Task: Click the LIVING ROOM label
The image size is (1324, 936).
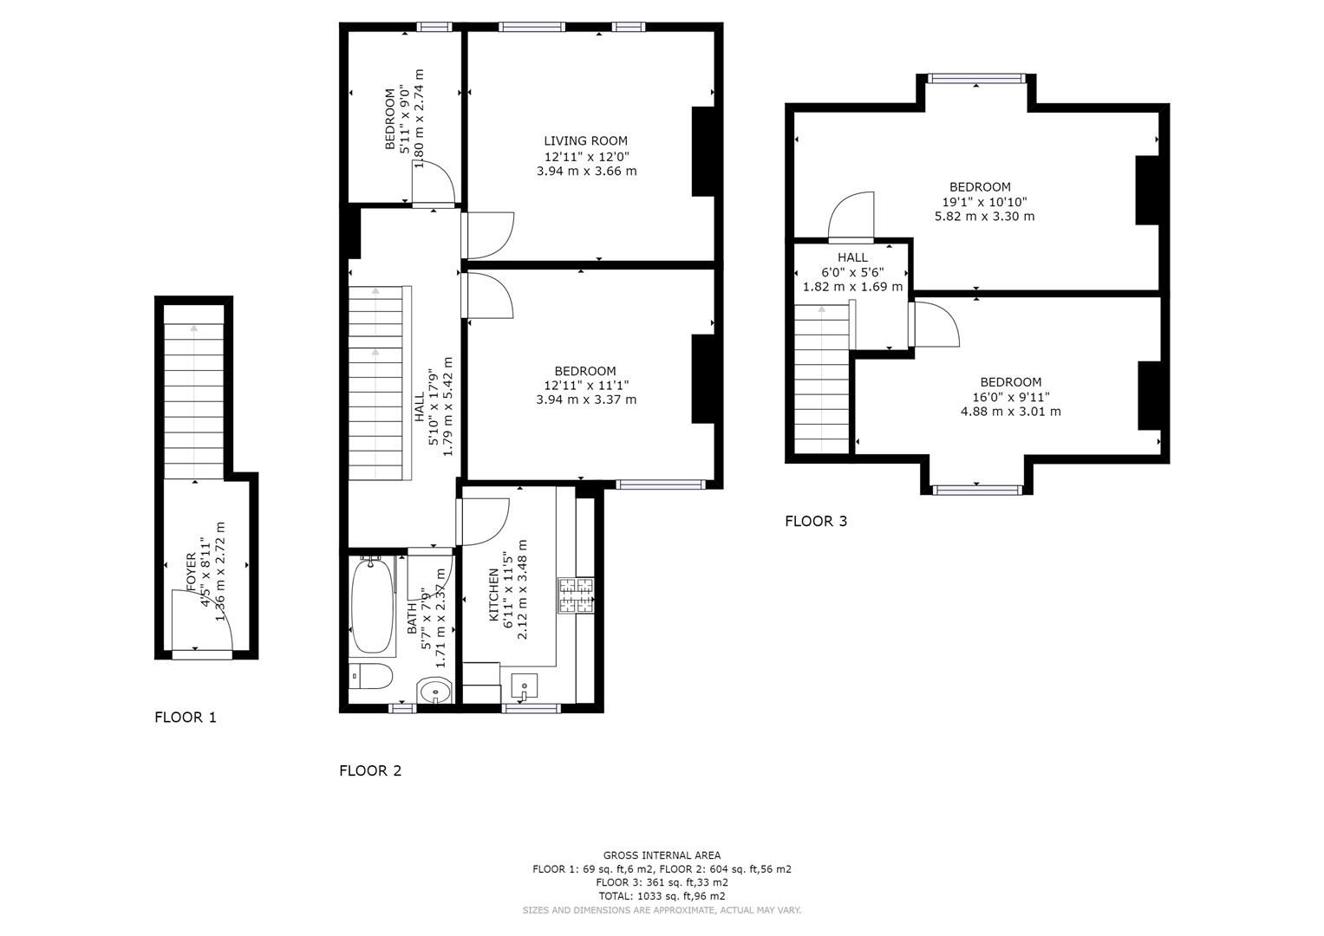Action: pyautogui.click(x=585, y=141)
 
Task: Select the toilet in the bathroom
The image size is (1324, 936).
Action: pyautogui.click(x=370, y=676)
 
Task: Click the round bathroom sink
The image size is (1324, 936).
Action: pyautogui.click(x=434, y=692)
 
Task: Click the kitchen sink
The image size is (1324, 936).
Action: pyautogui.click(x=525, y=687)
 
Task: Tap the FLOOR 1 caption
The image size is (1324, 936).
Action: pyautogui.click(x=186, y=718)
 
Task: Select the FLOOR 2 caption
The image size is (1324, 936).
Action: pyautogui.click(x=370, y=770)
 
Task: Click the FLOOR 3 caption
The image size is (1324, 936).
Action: pyautogui.click(x=816, y=521)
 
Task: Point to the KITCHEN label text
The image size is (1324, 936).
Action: pyautogui.click(x=494, y=595)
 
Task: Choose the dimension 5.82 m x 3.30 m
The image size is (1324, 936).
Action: pyautogui.click(x=984, y=217)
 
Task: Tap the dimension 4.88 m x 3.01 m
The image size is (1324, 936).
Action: pyautogui.click(x=1010, y=412)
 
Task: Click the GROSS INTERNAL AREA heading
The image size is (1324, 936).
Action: pyautogui.click(x=662, y=855)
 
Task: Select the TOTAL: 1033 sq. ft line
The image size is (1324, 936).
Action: pyautogui.click(x=662, y=896)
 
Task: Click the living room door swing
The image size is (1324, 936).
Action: pyautogui.click(x=490, y=236)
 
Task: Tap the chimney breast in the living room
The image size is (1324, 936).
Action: pyautogui.click(x=703, y=152)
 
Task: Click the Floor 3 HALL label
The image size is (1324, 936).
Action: pyautogui.click(x=852, y=257)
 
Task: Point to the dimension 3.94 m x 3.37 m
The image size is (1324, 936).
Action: pyautogui.click(x=586, y=400)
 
